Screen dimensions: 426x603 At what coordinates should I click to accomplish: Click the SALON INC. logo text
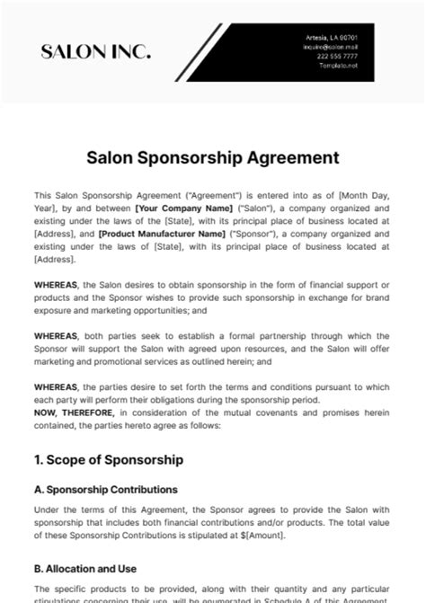pos(95,53)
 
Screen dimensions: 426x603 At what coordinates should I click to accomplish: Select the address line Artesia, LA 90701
pos(333,37)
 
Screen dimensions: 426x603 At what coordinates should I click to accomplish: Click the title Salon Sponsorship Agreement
pos(213,157)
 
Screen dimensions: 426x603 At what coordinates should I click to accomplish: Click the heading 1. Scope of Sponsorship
pos(108,459)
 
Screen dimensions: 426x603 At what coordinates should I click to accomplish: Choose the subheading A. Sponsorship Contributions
pos(105,489)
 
